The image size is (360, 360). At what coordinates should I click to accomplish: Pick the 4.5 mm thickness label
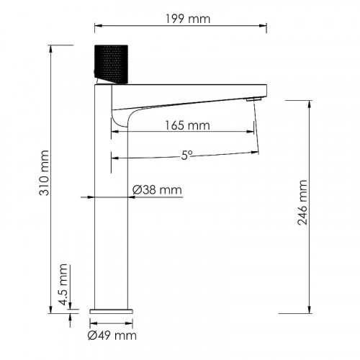pos(63,293)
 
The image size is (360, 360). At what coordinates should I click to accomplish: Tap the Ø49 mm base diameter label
pos(112,336)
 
